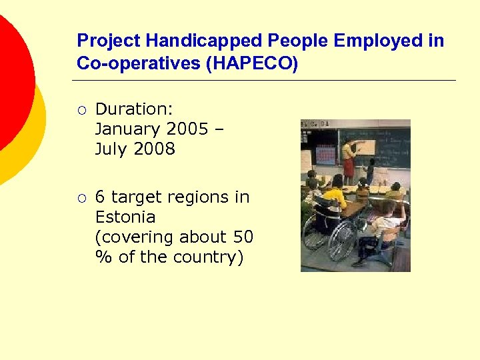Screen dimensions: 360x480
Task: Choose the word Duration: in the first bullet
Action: [134, 109]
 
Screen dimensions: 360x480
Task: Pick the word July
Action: [111, 149]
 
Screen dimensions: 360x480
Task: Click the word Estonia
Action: [125, 217]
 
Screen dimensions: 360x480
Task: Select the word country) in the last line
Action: [210, 257]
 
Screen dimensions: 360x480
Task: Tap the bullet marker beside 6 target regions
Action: [81, 198]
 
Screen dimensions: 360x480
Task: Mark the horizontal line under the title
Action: [263, 81]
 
